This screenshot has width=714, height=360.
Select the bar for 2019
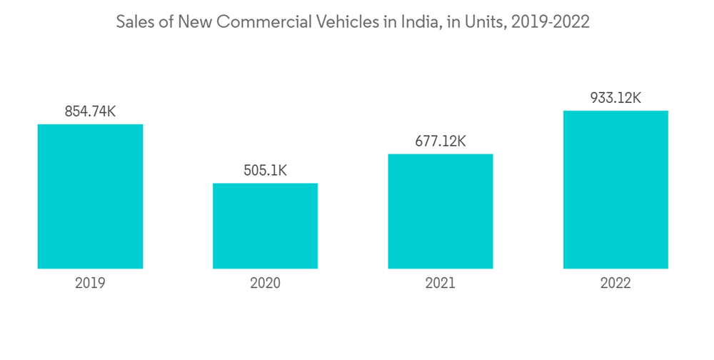pyautogui.click(x=90, y=196)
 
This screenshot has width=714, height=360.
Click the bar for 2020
pyautogui.click(x=265, y=226)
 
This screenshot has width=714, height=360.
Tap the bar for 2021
pyautogui.click(x=441, y=211)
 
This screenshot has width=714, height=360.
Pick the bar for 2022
pyautogui.click(x=615, y=189)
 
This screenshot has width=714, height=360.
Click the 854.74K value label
pyautogui.click(x=90, y=111)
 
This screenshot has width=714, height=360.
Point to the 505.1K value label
pyautogui.click(x=265, y=171)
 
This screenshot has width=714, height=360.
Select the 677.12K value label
pyautogui.click(x=441, y=141)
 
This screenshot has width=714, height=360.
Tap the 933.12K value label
pyautogui.click(x=615, y=98)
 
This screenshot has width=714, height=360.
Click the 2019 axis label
pyautogui.click(x=90, y=283)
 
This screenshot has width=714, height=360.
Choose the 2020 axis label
pyautogui.click(x=265, y=283)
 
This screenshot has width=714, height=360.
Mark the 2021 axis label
pyautogui.click(x=441, y=283)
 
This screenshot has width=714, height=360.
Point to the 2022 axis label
pyautogui.click(x=615, y=283)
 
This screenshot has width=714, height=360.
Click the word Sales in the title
pyautogui.click(x=135, y=22)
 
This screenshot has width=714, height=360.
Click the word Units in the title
pyautogui.click(x=482, y=22)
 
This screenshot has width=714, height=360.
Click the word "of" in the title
pyautogui.click(x=166, y=22)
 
